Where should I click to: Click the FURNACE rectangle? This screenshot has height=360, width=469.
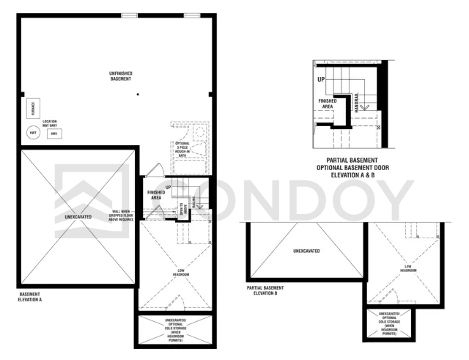click(32, 109)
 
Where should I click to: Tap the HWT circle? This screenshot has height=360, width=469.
click(32, 133)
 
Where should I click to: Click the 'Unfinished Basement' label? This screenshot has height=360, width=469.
click(121, 76)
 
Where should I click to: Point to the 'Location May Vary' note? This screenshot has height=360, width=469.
click(50, 123)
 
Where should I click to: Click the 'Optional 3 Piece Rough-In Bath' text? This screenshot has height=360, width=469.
click(182, 149)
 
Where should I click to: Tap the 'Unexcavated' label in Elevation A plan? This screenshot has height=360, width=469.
click(78, 217)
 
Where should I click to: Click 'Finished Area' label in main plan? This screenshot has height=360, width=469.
click(155, 195)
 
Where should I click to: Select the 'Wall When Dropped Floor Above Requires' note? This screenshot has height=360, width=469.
click(122, 216)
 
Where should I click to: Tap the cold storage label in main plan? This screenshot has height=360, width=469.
click(174, 331)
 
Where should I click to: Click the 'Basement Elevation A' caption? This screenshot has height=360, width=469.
click(30, 298)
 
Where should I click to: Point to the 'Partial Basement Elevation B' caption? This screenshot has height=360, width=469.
click(265, 291)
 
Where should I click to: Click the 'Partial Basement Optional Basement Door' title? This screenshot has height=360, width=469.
click(352, 168)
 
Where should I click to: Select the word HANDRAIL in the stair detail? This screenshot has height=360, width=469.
click(357, 102)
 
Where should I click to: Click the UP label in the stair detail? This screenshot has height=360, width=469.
click(321, 79)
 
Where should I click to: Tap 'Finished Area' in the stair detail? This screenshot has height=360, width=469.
click(328, 103)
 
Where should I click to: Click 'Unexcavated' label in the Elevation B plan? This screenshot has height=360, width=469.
click(306, 251)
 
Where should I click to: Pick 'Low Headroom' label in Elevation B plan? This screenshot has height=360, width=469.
click(408, 268)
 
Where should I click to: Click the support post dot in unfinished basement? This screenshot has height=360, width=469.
click(137, 95)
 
